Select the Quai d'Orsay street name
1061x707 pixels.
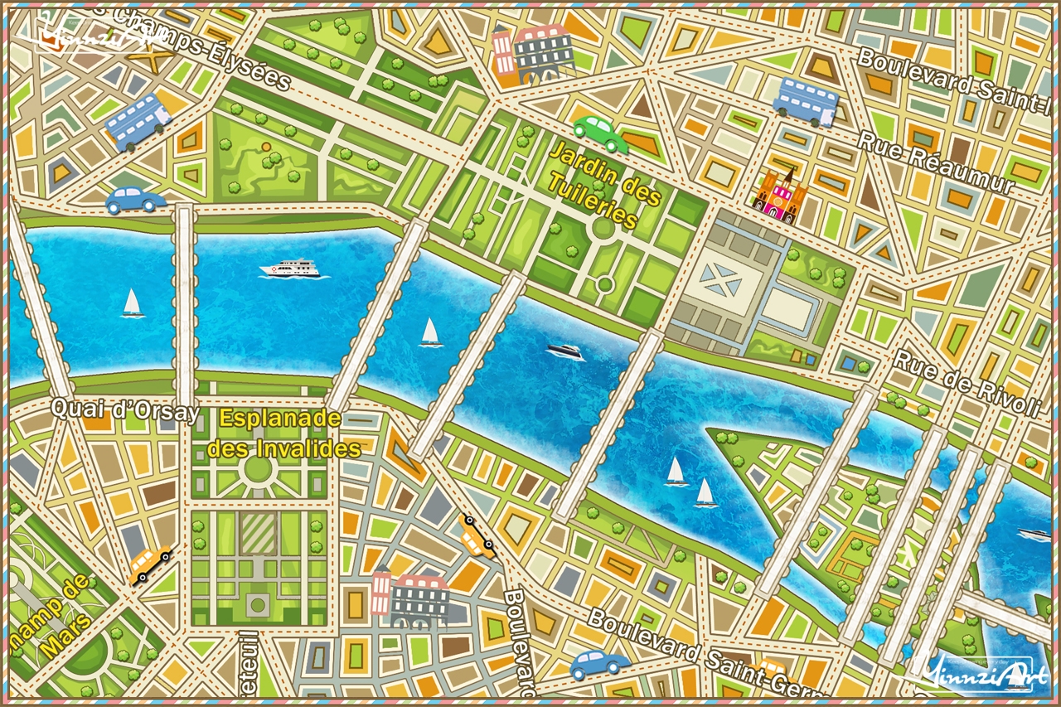coord(125,410)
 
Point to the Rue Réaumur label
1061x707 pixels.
coord(935,162)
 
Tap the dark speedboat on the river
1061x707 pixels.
coord(565,351)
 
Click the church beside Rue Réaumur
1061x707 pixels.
coord(779,196)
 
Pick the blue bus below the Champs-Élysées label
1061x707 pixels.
coord(138,121)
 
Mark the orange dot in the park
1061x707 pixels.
coord(266,148)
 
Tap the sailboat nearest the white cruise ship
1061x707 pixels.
coord(132,303)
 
